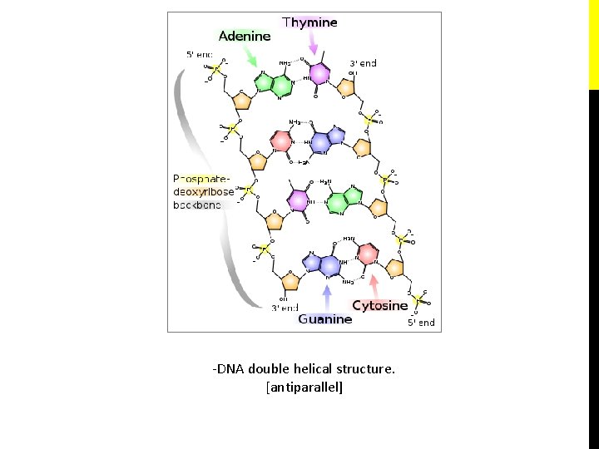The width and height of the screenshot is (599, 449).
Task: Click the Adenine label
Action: (x=245, y=36)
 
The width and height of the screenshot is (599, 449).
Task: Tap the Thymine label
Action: (x=309, y=22)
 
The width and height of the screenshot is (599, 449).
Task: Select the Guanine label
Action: (x=324, y=318)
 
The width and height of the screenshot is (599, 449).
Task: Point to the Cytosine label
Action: (x=380, y=305)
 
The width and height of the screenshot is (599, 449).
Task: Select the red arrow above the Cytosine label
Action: (x=374, y=286)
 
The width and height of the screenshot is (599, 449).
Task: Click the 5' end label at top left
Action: (x=199, y=55)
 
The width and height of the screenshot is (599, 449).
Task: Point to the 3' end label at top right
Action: (x=363, y=62)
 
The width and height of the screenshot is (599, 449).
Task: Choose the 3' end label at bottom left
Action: (x=285, y=308)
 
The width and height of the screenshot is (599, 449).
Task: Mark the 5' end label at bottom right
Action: (x=421, y=322)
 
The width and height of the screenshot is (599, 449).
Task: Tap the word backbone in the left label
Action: (x=197, y=205)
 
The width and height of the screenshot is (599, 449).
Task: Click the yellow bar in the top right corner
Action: (x=593, y=43)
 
